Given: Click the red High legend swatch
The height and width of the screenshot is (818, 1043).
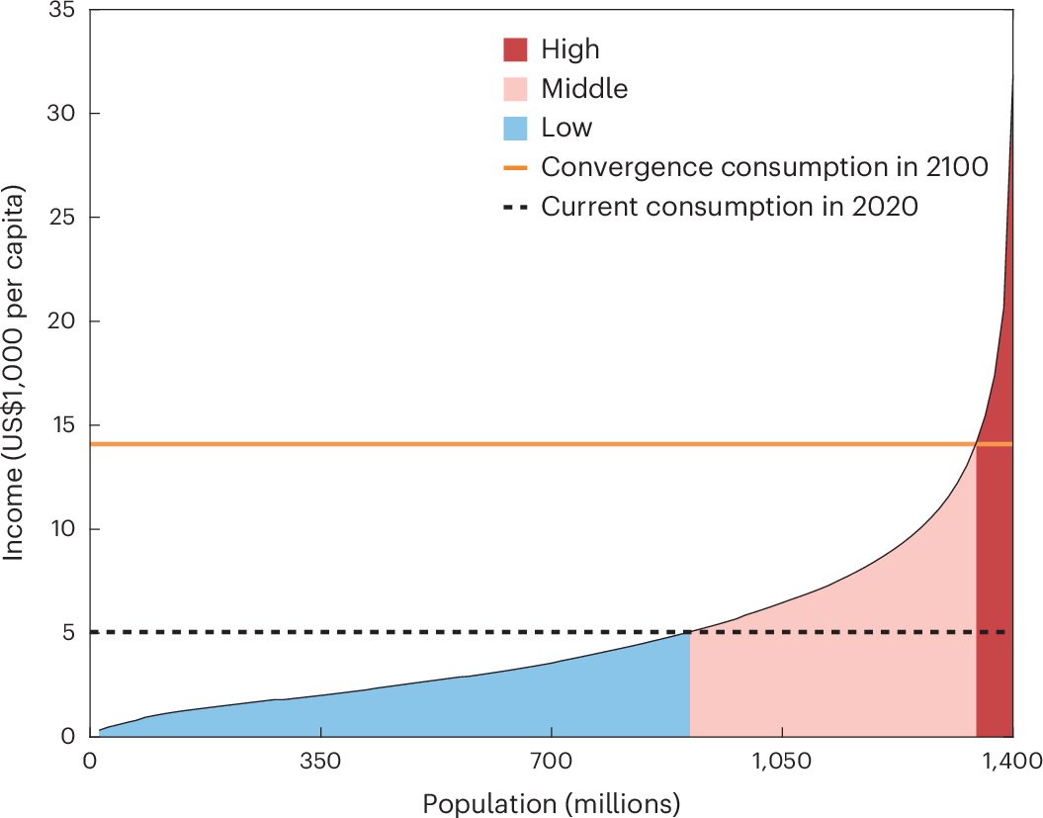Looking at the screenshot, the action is (515, 49).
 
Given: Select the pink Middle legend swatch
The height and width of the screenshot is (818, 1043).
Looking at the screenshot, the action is (515, 88).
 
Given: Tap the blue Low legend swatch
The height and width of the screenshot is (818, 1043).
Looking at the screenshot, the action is (515, 128).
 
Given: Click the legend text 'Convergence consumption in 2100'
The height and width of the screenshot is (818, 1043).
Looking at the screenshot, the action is (764, 167).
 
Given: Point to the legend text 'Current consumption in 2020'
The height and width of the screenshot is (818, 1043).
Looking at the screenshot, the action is (729, 207).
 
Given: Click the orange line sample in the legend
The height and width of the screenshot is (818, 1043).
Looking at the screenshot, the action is (515, 168).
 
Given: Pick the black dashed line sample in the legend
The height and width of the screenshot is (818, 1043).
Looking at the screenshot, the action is (515, 207).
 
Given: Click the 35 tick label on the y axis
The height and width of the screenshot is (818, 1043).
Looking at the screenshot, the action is (61, 11).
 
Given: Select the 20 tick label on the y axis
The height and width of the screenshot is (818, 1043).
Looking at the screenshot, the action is (61, 320).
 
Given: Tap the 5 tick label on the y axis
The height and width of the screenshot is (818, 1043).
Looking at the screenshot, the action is (68, 632).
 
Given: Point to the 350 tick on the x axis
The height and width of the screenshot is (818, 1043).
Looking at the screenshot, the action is (320, 761).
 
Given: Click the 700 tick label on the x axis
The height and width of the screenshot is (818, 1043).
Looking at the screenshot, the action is (552, 761).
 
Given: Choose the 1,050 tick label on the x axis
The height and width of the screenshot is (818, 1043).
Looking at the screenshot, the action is (782, 761).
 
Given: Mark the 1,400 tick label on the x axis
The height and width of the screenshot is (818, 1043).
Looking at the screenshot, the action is (1012, 761).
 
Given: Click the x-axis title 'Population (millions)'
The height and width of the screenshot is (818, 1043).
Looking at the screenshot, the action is (552, 804).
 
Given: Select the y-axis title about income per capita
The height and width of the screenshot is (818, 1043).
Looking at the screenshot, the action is (13, 373).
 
